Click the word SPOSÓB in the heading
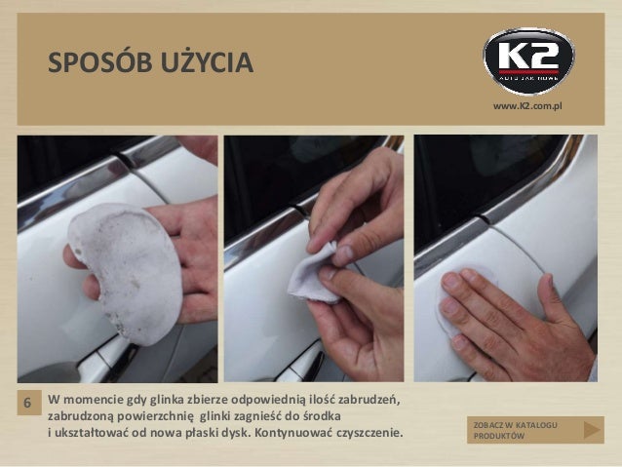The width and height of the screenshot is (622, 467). click(x=100, y=62)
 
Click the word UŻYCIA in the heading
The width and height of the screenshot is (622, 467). click(x=207, y=61)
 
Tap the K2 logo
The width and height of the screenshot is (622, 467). click(x=528, y=61)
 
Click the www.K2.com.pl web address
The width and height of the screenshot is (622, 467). click(x=527, y=106)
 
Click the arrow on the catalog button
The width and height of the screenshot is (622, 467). click(x=592, y=430)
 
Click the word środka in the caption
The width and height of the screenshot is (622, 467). click(x=322, y=416)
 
